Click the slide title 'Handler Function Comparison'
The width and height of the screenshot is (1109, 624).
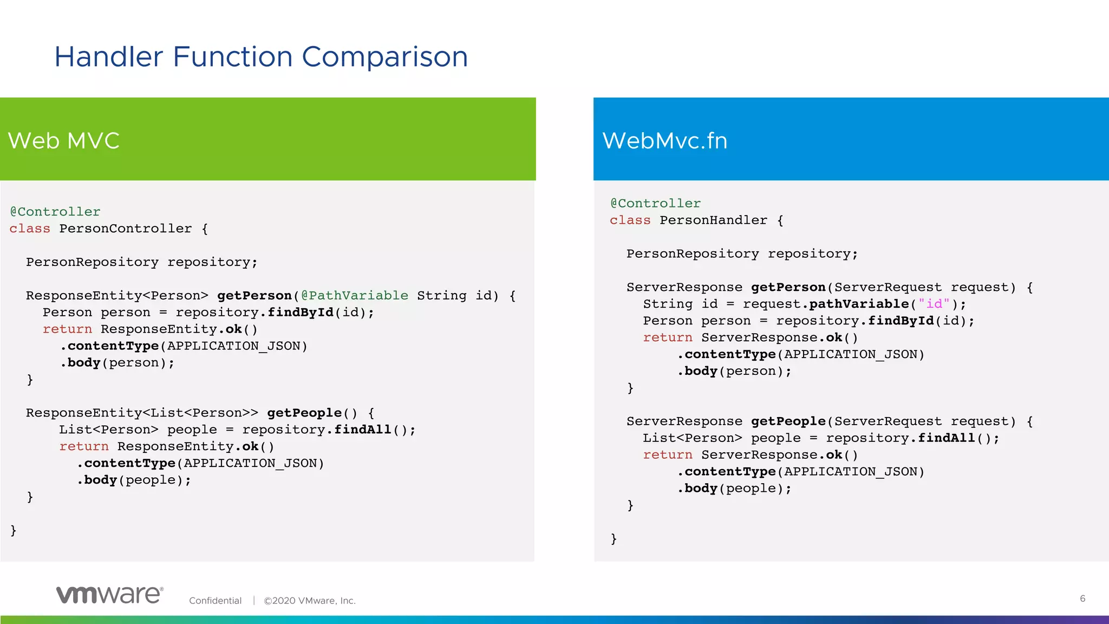click(x=261, y=57)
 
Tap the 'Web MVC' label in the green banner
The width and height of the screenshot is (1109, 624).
click(x=63, y=141)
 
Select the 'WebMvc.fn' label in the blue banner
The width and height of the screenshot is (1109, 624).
click(x=664, y=141)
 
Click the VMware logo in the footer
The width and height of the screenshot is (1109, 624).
click(x=109, y=595)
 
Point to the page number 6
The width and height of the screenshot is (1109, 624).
click(x=1082, y=599)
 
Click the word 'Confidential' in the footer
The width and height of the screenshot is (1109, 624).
click(x=215, y=601)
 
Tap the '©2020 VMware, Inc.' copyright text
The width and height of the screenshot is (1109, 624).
click(x=310, y=601)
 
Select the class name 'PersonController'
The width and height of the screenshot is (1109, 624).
click(x=125, y=229)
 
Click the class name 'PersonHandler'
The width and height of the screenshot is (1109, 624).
click(x=713, y=220)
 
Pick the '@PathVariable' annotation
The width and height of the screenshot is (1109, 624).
click(x=355, y=296)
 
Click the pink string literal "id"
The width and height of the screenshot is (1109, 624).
click(x=934, y=304)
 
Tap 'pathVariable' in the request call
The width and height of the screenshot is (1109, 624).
click(x=859, y=304)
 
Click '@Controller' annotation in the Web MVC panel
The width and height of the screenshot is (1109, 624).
click(x=55, y=212)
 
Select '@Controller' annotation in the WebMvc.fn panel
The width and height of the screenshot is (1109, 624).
click(x=655, y=204)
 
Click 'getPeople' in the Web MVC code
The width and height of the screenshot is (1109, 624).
click(x=304, y=413)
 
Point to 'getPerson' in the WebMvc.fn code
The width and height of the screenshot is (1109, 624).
click(x=788, y=288)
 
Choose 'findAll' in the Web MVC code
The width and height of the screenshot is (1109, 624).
click(x=362, y=430)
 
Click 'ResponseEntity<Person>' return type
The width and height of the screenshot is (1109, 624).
click(x=117, y=296)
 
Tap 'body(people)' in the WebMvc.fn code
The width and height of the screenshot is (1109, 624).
click(x=734, y=489)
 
